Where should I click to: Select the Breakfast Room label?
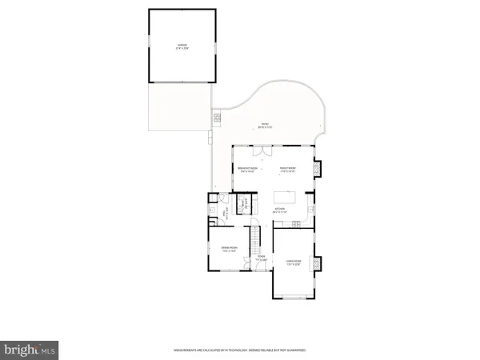tap(249, 169)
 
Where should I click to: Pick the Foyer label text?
tap(260, 258)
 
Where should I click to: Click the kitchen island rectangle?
tap(285, 196)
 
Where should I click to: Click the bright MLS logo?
tap(30, 349)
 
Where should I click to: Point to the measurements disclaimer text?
tap(240, 350)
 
